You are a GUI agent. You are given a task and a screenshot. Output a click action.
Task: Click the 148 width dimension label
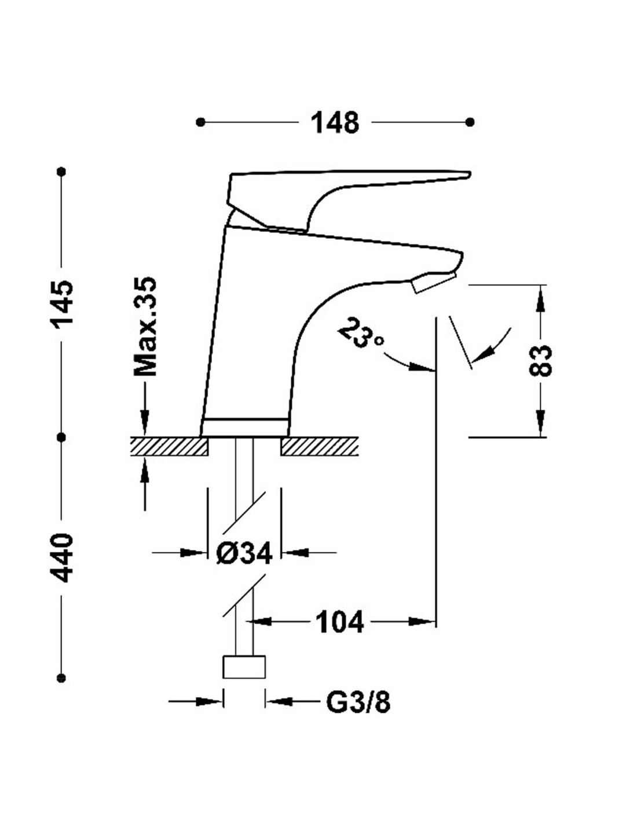point(335,123)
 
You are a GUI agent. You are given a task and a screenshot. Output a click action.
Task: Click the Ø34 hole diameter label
point(244,554)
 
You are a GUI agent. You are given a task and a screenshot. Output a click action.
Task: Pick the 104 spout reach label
point(339,623)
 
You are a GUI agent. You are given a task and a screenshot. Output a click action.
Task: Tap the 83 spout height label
point(541,360)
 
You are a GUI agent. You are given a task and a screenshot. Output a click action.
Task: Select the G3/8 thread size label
point(358,703)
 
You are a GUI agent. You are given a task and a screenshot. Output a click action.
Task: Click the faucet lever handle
point(347,185)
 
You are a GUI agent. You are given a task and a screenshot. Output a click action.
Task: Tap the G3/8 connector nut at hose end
point(244,666)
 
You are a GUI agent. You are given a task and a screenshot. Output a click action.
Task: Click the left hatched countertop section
point(169,446)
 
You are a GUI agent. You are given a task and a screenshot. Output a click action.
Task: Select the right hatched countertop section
point(319,446)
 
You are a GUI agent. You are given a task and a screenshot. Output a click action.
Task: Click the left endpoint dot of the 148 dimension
point(200,122)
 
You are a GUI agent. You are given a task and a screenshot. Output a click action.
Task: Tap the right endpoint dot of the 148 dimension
point(470,122)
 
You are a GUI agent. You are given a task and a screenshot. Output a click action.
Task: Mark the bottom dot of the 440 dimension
point(62,677)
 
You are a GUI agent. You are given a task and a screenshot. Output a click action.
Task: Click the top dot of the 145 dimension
point(62,172)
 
